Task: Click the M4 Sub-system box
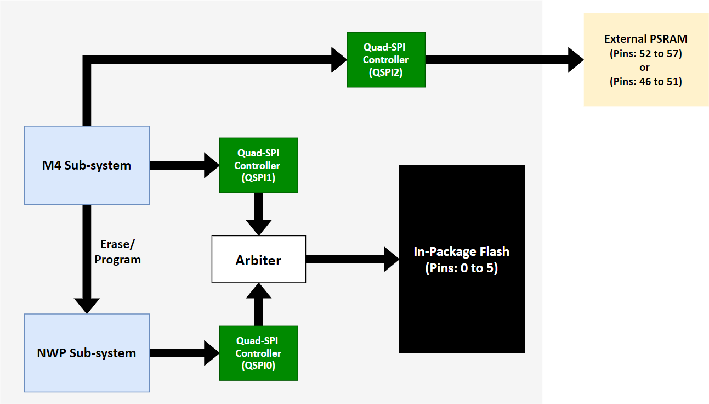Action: (87, 165)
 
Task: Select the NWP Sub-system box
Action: (87, 353)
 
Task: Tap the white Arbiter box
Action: (258, 260)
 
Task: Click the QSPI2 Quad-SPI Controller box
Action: (385, 59)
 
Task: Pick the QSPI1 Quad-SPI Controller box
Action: (258, 165)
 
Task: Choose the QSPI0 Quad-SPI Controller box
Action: (258, 353)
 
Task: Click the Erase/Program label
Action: (117, 251)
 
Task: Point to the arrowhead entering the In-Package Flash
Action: (390, 259)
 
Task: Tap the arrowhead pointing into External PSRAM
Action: (575, 59)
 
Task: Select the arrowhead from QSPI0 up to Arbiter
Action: (258, 293)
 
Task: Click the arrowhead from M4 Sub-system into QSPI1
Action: (211, 165)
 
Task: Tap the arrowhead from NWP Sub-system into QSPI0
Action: (211, 353)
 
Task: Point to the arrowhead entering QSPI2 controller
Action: (339, 59)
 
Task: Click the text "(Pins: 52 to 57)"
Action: (646, 54)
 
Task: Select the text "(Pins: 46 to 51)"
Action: (646, 81)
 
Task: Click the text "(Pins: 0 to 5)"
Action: (461, 269)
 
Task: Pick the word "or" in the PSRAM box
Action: (645, 68)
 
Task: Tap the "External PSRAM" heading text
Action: (646, 39)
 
